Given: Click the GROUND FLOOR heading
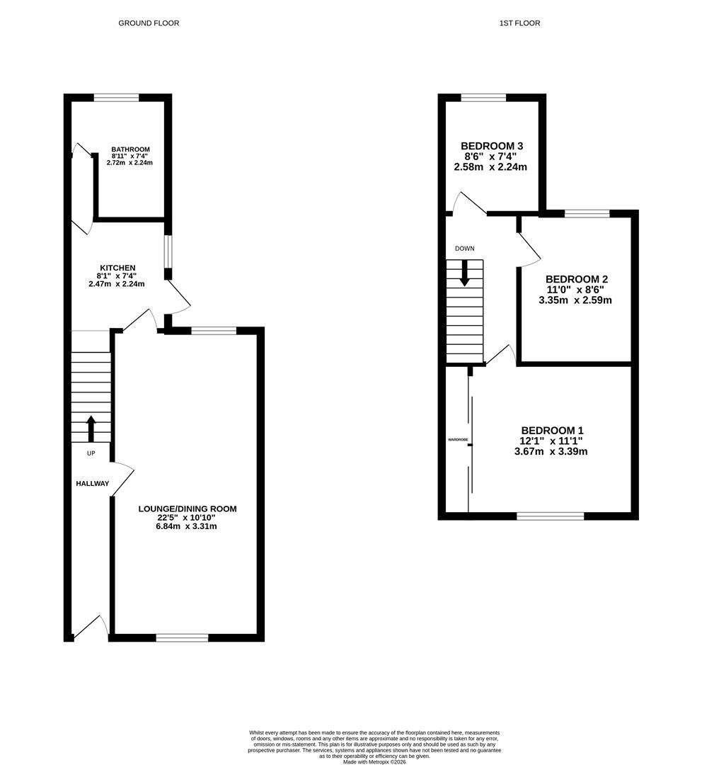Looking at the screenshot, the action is click(x=149, y=23).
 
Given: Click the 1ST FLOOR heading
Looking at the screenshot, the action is click(x=519, y=23).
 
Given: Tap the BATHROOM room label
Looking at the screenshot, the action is click(x=131, y=149).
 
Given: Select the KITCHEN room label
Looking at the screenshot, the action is click(x=117, y=268).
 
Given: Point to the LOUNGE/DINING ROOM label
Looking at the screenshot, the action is click(x=188, y=509).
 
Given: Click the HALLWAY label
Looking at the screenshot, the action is click(x=93, y=484).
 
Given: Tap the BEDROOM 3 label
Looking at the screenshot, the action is click(x=492, y=146).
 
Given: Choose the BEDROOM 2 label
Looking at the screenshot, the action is click(x=577, y=279).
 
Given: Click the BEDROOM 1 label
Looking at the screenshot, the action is click(x=553, y=431).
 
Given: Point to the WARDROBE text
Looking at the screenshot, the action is click(x=458, y=440).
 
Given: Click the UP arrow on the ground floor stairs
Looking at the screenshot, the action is click(x=91, y=429).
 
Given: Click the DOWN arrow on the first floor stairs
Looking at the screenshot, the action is click(x=465, y=273).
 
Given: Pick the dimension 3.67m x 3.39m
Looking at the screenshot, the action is click(x=551, y=451).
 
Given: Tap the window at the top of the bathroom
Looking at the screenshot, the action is click(x=117, y=98).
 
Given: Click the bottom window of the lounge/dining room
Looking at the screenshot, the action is click(x=183, y=637).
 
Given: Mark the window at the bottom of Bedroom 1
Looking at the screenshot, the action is click(x=551, y=516).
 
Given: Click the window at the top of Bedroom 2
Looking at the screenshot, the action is click(x=587, y=213).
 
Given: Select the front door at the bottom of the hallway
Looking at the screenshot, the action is click(x=91, y=626).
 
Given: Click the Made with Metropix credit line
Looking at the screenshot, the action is click(x=374, y=761).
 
